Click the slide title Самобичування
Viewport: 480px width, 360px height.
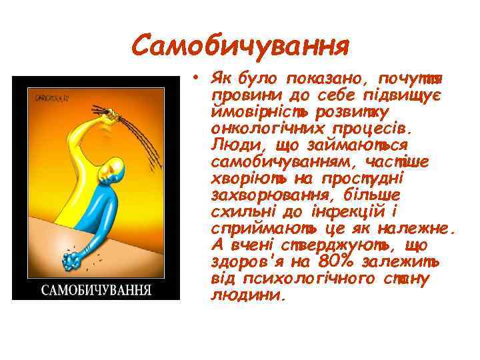click(x=241, y=46)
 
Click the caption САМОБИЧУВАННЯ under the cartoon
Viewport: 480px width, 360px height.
click(x=96, y=290)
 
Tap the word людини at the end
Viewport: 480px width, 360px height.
click(x=246, y=294)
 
